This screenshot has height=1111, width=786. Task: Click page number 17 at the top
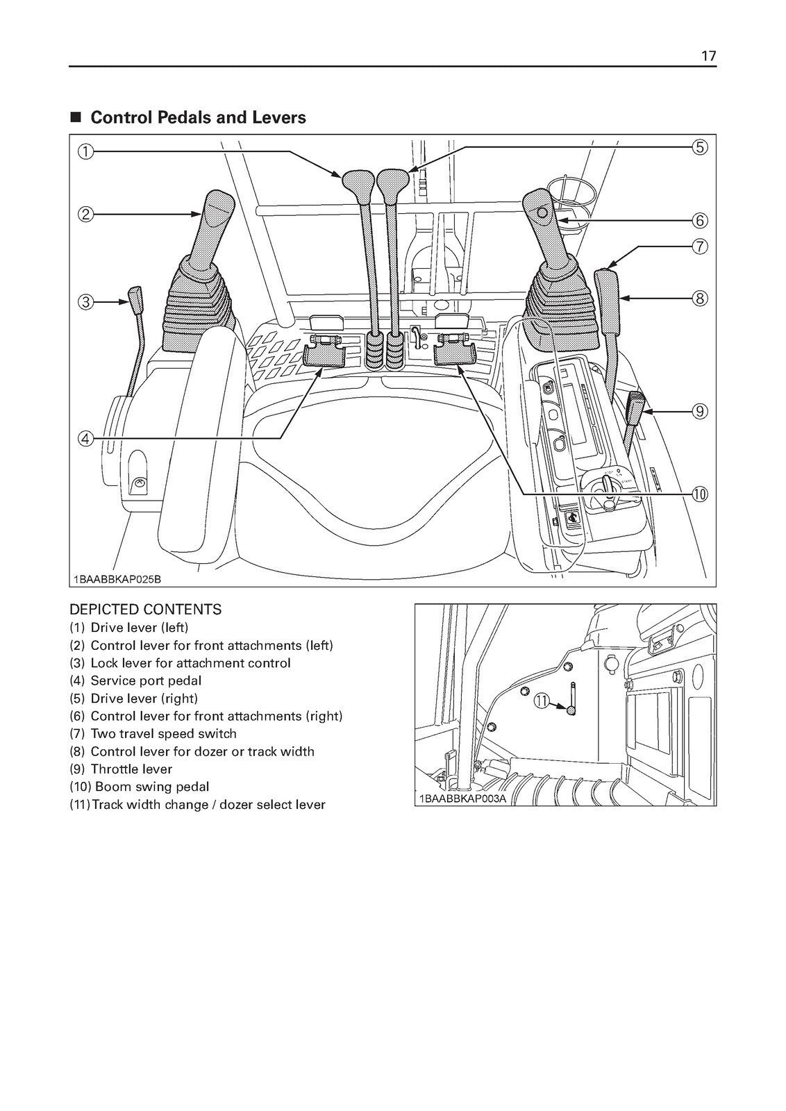(708, 56)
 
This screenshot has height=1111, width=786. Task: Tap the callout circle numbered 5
(699, 147)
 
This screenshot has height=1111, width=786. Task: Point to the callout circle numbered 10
(699, 494)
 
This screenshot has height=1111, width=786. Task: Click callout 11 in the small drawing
(541, 702)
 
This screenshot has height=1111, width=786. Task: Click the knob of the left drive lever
(352, 183)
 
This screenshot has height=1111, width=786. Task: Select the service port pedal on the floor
(324, 356)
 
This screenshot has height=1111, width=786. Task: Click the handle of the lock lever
(135, 299)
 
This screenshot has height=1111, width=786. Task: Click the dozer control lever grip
(608, 302)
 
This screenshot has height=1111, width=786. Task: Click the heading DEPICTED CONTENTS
(145, 610)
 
